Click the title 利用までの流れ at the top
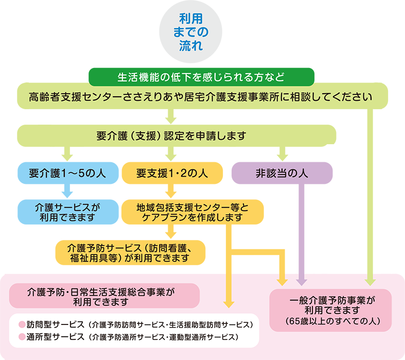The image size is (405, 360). click(190, 32)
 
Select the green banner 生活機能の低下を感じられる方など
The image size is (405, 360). click(201, 78)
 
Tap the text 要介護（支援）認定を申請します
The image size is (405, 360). click(171, 136)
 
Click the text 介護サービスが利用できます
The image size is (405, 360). click(67, 211)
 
